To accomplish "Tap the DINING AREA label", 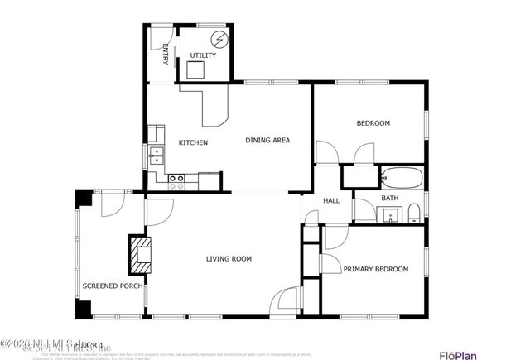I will [x=267, y=141].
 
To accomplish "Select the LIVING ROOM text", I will [x=229, y=259].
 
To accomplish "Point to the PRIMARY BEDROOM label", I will [x=375, y=269].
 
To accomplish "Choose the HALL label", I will [x=331, y=201].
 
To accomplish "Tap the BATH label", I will [x=389, y=199].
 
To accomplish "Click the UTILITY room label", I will [x=202, y=55].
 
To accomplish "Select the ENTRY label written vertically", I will [x=165, y=53].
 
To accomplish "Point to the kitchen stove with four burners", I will [x=176, y=178].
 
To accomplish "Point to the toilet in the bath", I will [x=413, y=217].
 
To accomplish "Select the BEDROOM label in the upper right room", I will [x=373, y=123].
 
